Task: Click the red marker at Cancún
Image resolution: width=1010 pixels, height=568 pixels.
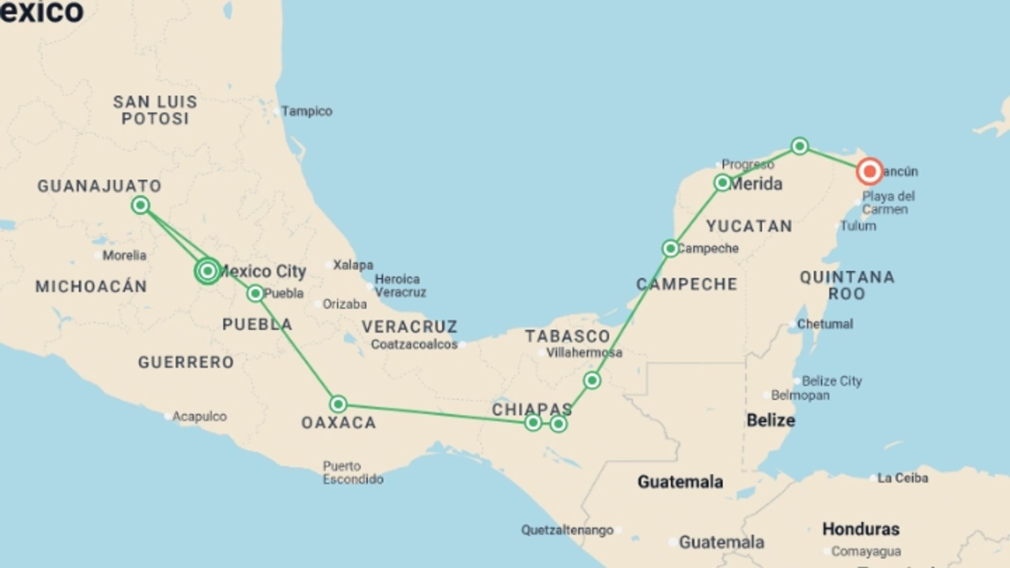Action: (869, 171)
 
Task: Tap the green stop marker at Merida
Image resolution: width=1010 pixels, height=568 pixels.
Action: (722, 183)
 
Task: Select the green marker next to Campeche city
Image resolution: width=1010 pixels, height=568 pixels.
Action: (670, 248)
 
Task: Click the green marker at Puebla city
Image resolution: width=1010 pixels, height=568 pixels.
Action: (255, 293)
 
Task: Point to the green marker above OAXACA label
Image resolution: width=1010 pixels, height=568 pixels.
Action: (338, 404)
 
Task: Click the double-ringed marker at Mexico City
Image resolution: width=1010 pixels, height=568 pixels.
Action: (208, 271)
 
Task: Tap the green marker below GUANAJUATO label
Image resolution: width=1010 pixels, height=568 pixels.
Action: (140, 205)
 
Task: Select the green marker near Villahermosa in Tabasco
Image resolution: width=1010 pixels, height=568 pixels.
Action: (592, 380)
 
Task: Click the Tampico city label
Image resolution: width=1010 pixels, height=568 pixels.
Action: (306, 111)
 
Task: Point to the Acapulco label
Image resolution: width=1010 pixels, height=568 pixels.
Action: (199, 417)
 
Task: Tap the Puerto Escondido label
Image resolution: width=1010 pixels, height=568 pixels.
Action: (352, 473)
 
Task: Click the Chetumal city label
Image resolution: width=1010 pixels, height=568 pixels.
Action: (824, 324)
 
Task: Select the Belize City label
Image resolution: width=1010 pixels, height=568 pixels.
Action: (831, 381)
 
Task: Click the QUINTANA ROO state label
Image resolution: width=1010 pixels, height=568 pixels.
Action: (847, 285)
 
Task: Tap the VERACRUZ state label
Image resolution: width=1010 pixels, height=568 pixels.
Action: (409, 327)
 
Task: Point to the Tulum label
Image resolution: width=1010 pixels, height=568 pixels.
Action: (857, 226)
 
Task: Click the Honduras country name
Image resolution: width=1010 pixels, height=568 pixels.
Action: (861, 529)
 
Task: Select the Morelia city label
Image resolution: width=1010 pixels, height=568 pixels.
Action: (124, 256)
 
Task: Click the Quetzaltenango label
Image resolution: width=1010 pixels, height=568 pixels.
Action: (567, 530)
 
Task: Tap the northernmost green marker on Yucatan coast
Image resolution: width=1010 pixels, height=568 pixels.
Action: (800, 146)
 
